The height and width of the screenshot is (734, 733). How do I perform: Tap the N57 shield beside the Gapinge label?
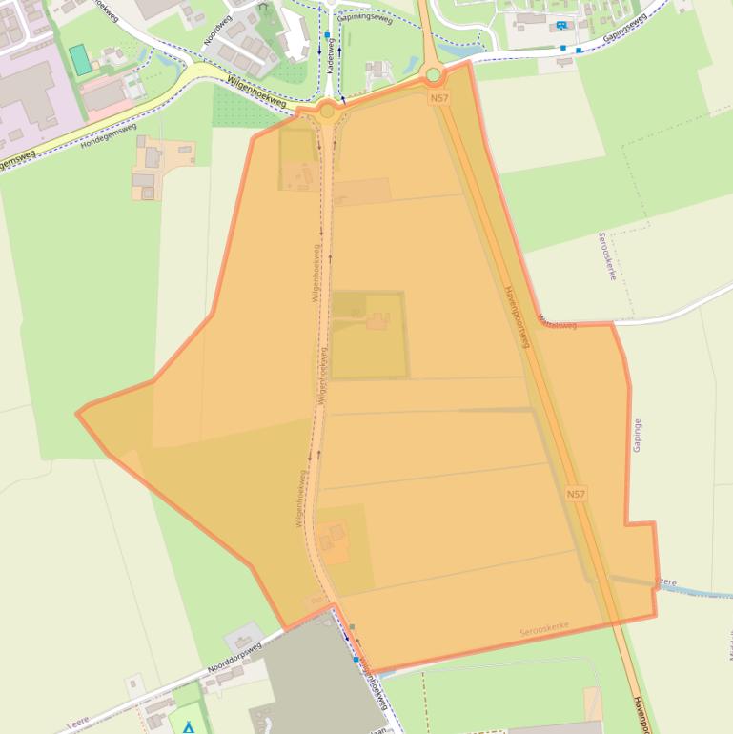click(x=576, y=494)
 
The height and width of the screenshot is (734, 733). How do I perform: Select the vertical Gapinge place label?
click(x=637, y=434)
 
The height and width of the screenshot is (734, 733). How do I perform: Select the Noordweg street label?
click(x=218, y=30)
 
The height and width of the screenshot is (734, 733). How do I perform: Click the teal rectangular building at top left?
click(x=82, y=59)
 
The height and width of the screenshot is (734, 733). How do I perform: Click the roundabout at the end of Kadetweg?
click(x=328, y=111)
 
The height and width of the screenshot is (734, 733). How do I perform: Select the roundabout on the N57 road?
click(x=434, y=74)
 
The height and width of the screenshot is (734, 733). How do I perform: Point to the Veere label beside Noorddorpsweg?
click(x=78, y=725)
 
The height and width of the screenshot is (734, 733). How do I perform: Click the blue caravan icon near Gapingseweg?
click(x=561, y=25)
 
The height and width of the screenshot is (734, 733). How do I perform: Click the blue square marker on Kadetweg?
click(x=327, y=35)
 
